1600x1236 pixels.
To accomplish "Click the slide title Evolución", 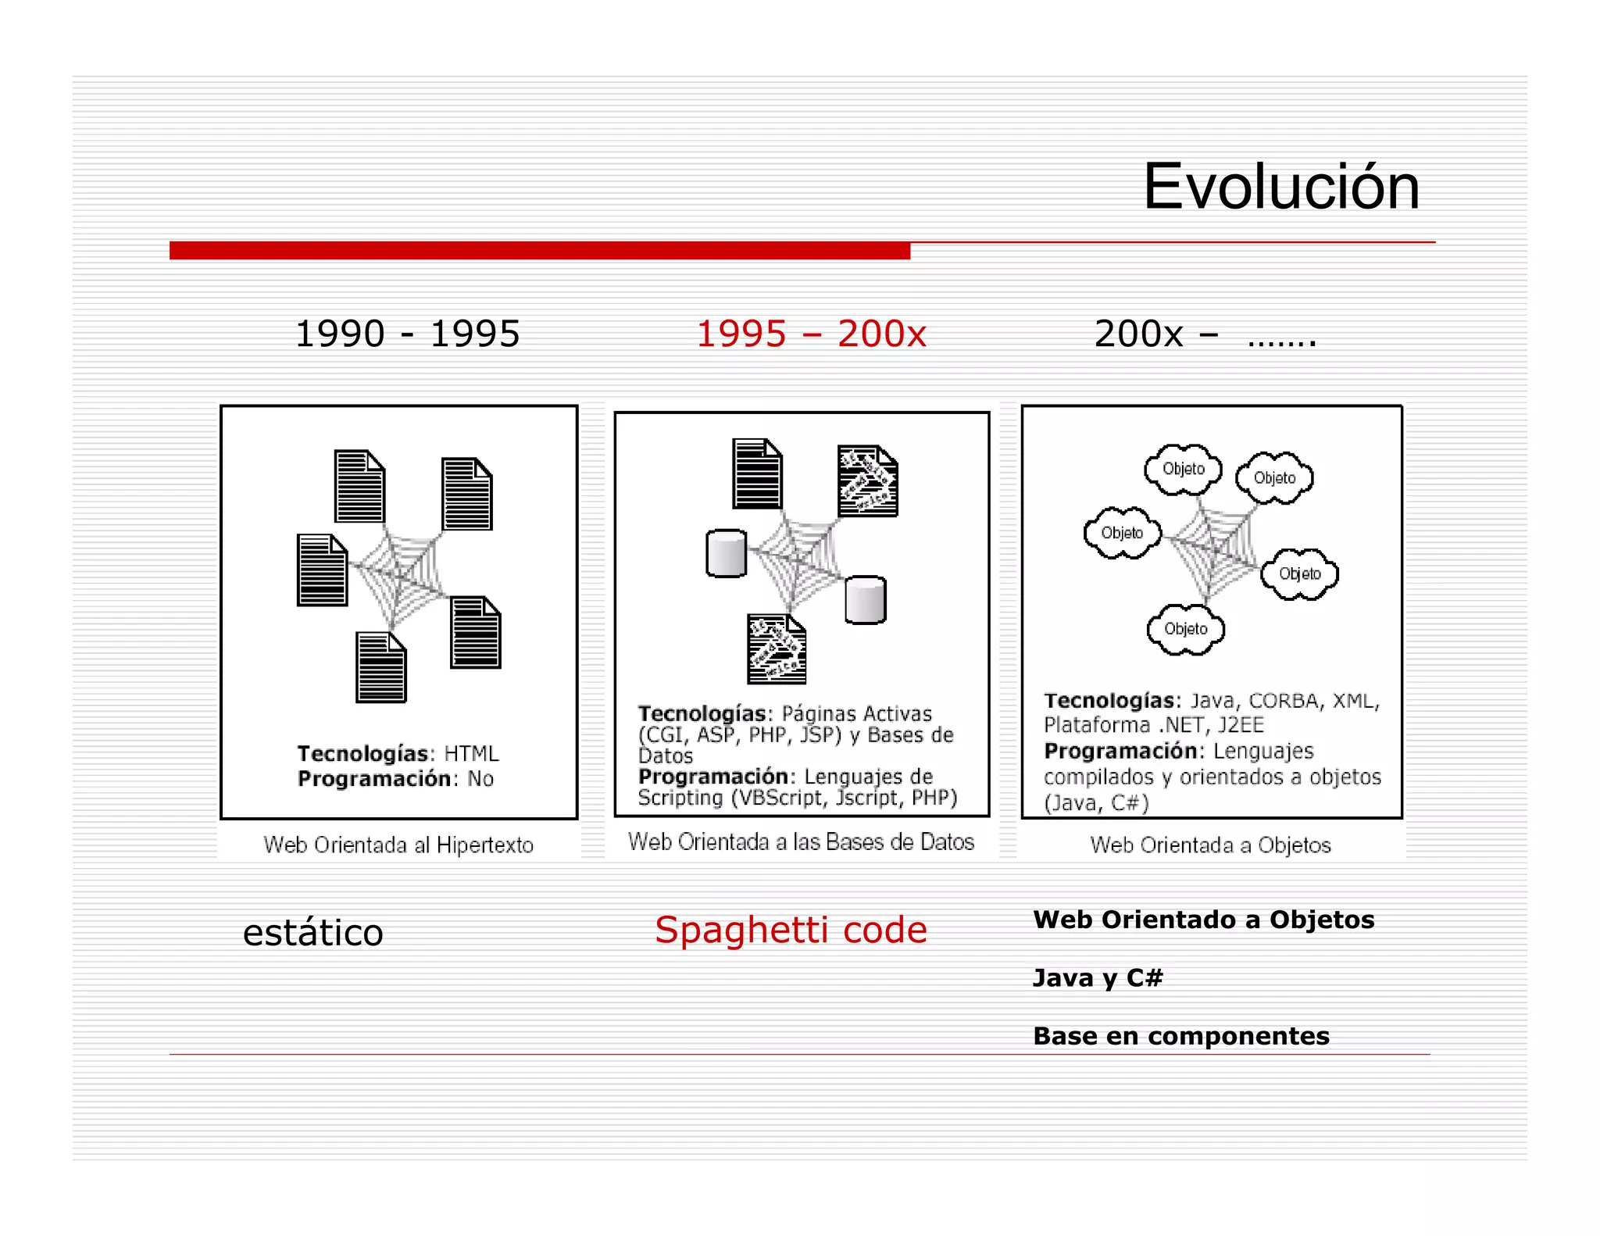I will [x=1280, y=188].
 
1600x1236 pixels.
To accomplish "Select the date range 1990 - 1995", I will [x=407, y=334].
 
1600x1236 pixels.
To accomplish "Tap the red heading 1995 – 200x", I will [x=811, y=334].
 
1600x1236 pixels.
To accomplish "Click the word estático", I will [x=312, y=933].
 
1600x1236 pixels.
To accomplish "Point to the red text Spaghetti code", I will [x=791, y=930].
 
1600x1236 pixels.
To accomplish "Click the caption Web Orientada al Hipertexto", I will [x=398, y=845].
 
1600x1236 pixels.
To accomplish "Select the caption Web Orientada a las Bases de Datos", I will [x=801, y=842].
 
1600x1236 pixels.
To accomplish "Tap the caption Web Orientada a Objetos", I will [x=1210, y=845].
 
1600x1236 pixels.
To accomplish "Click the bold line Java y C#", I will [x=1098, y=978].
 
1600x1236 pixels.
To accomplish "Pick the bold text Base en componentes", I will [x=1180, y=1036].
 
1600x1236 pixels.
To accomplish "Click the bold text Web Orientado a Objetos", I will [x=1203, y=920].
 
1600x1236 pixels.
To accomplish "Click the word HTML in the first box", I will [x=471, y=754].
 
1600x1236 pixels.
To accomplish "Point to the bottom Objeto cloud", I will [x=1185, y=630].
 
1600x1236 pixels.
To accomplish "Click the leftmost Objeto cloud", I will [x=1122, y=534].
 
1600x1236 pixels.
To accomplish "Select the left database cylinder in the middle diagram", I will [x=726, y=554].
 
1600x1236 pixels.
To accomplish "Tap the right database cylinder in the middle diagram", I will [x=866, y=600].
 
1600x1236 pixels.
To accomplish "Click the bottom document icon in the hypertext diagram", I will [x=381, y=668].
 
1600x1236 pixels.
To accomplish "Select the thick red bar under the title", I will [x=539, y=251].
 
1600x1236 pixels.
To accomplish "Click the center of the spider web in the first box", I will [x=399, y=578].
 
